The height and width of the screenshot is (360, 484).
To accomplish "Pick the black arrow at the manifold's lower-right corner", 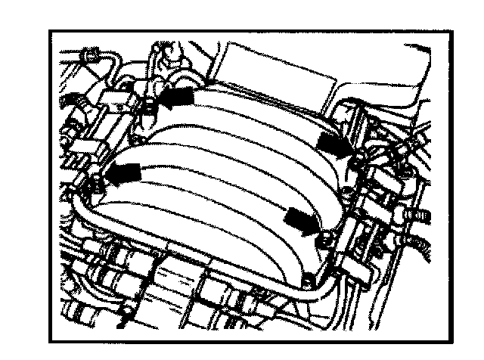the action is point(301,221).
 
